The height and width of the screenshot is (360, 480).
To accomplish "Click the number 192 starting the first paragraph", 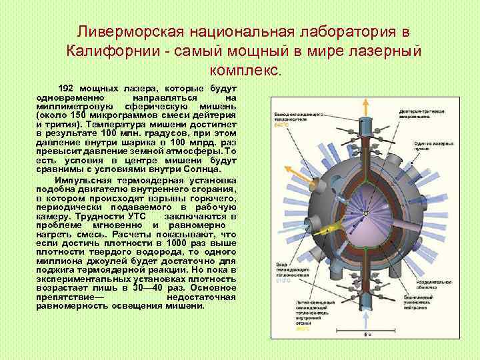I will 66,88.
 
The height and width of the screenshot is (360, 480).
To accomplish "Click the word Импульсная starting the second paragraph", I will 85,181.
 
